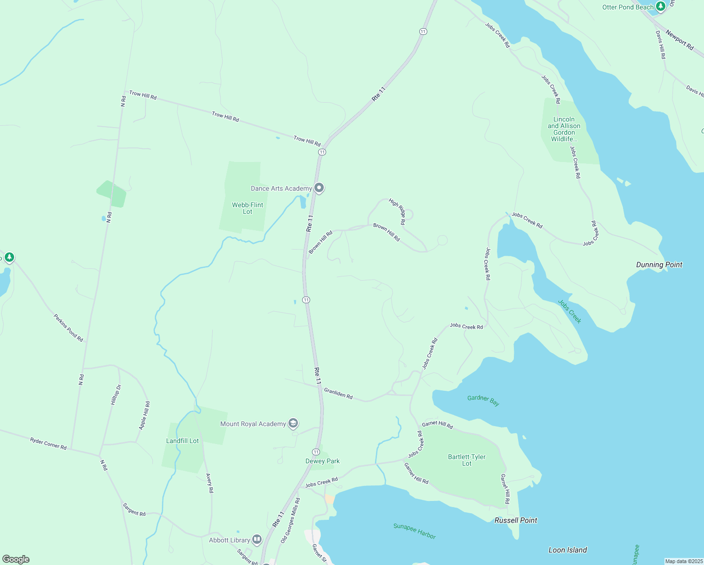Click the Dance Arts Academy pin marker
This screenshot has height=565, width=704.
pos(319,188)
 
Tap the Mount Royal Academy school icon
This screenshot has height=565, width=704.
pos(293,424)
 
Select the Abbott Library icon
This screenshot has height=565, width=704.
pos(257,540)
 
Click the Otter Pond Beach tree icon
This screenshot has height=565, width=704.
pos(661,7)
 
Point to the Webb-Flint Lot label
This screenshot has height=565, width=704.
pos(248,208)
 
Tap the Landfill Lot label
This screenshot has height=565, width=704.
pos(183,441)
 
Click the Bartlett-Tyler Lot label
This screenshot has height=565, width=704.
pos(467,460)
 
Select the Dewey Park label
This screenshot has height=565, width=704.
pos(322,461)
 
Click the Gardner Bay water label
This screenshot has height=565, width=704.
pos(483,400)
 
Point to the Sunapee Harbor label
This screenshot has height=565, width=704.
pos(415,531)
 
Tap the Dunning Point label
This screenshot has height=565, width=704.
pos(659,265)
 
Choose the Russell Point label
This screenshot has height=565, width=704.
pos(516,520)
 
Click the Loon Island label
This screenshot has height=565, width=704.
pos(568,550)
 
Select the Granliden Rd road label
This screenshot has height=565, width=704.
pos(338,393)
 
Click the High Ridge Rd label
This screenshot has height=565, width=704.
pos(397,211)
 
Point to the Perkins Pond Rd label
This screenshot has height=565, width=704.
pos(68,328)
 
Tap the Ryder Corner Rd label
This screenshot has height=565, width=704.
pos(48,443)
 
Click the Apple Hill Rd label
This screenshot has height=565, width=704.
pos(144,415)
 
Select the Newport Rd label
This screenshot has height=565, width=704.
pos(680,40)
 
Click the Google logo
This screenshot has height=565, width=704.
pos(16,559)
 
